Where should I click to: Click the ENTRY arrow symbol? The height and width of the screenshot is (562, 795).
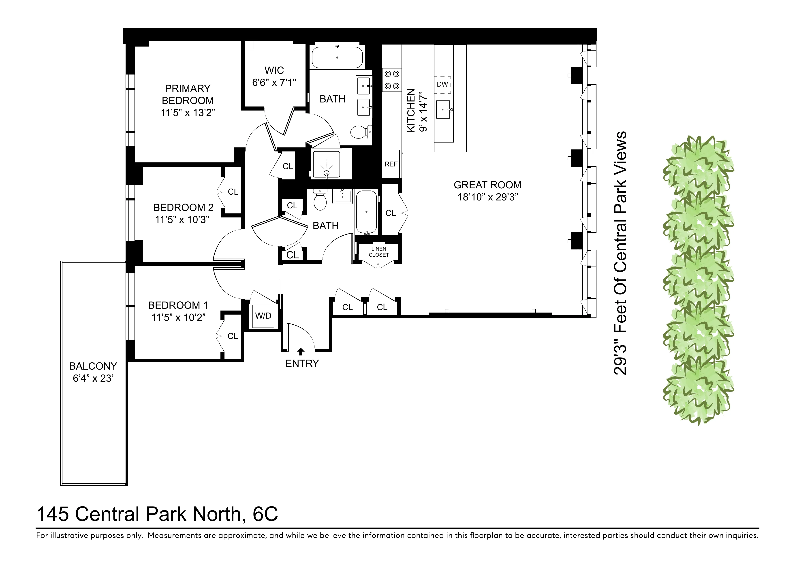click(x=301, y=352)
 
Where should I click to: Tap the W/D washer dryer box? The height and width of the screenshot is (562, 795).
click(x=263, y=316)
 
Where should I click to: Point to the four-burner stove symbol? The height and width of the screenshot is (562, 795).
click(x=392, y=80)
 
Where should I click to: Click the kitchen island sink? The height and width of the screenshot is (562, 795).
click(x=443, y=109)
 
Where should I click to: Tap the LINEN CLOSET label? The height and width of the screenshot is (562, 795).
click(x=378, y=252)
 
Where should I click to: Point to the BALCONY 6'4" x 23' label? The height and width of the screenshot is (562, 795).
click(x=93, y=372)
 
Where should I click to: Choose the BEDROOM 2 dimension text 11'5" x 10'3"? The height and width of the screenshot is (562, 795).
click(x=182, y=220)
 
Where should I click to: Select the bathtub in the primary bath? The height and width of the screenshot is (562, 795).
click(x=337, y=57)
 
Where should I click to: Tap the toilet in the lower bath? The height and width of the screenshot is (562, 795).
click(x=320, y=201)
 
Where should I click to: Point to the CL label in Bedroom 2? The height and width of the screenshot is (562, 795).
click(x=233, y=192)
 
